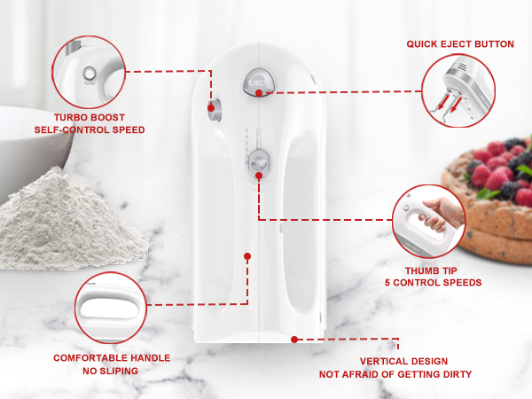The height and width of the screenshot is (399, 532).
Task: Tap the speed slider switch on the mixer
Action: click(x=258, y=161)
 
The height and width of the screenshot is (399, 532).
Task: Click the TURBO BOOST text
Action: click(x=89, y=117)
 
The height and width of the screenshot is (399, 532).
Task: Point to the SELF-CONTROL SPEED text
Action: click(x=89, y=129)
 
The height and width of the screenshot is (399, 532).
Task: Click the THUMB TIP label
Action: click(x=433, y=270)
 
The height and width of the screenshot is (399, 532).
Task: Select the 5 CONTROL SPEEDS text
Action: click(x=433, y=283)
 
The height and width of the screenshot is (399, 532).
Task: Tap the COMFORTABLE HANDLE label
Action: click(x=112, y=358)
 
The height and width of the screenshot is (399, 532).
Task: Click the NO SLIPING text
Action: click(x=112, y=371)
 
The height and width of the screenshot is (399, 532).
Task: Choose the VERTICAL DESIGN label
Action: click(x=403, y=362)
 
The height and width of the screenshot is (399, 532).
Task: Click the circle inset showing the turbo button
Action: click(x=89, y=70)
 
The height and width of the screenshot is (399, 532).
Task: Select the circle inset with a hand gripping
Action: click(x=428, y=221)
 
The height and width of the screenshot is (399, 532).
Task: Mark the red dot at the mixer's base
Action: click(x=294, y=339)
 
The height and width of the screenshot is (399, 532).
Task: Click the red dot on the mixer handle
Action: click(x=247, y=255)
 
